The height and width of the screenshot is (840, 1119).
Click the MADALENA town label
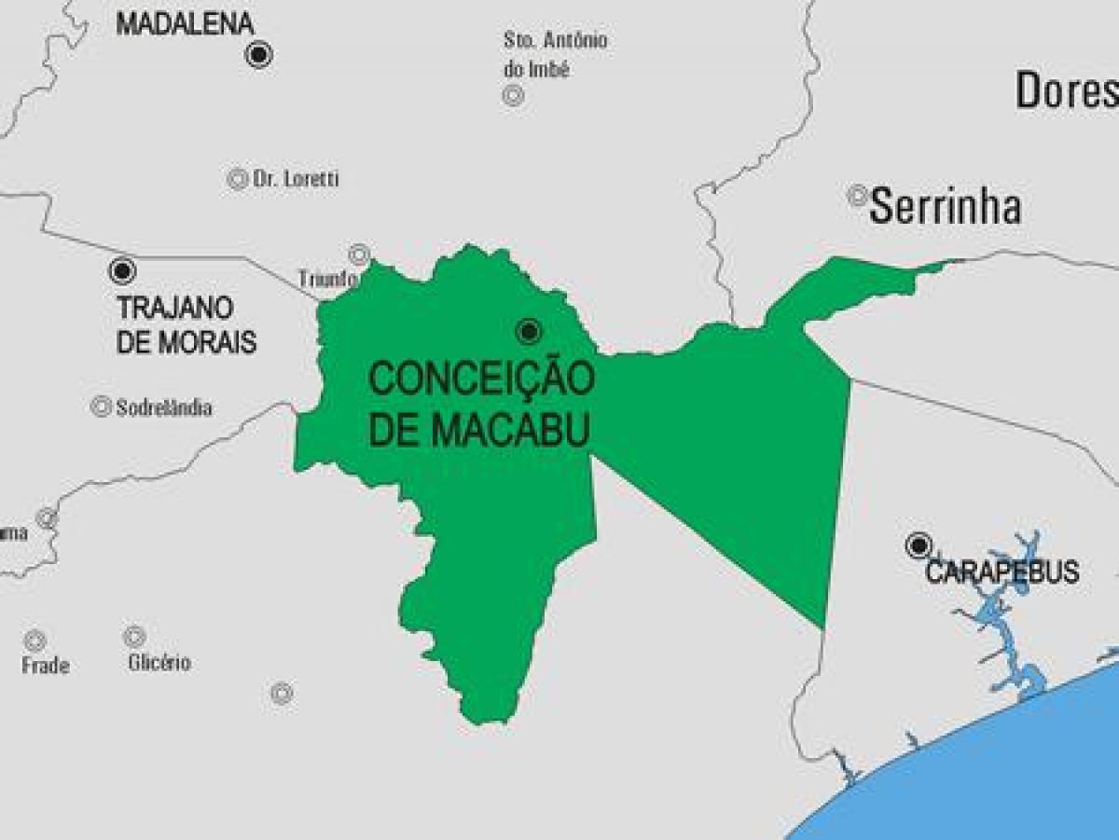[185, 24]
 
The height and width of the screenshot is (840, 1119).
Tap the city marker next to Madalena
[259, 54]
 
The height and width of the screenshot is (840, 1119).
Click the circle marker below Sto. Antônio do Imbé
[513, 95]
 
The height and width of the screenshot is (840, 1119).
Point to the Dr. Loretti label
[296, 179]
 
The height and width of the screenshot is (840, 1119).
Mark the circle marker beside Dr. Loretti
[238, 179]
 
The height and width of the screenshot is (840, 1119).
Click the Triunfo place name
[328, 279]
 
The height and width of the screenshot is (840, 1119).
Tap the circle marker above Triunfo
[359, 254]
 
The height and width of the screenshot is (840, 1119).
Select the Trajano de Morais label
[186, 324]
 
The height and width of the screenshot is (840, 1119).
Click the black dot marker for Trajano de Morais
[121, 271]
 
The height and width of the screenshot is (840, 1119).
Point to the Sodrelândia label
[164, 407]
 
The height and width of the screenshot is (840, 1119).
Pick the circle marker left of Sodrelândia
[101, 406]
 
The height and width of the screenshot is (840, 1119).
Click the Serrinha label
[945, 207]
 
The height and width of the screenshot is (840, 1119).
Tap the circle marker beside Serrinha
[857, 196]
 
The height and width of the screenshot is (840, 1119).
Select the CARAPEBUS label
[1002, 571]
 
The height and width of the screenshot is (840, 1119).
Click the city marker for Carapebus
[919, 545]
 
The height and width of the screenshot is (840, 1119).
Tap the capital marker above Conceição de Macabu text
[528, 331]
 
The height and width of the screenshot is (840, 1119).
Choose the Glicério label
[159, 663]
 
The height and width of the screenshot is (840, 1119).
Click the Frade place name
[46, 666]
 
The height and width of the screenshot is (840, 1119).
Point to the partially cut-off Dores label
[1066, 90]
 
